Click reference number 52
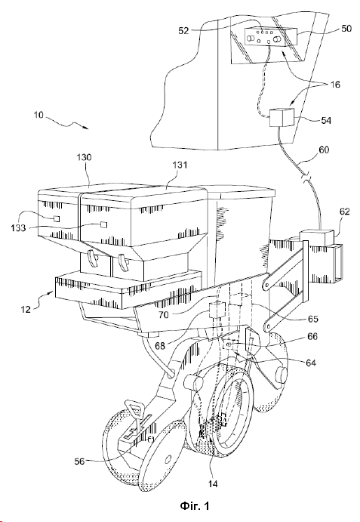(183, 31)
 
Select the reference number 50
(346, 28)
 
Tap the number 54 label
(326, 121)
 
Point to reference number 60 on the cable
(324, 150)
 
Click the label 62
(345, 212)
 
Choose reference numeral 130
(85, 157)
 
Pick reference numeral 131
(180, 165)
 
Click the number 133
(18, 227)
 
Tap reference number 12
(26, 310)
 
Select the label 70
(163, 314)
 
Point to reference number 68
(160, 346)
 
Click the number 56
(79, 462)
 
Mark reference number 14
(213, 483)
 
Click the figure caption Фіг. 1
(195, 506)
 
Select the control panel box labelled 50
(271, 36)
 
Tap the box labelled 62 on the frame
(318, 236)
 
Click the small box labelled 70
(217, 309)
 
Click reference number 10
(38, 115)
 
